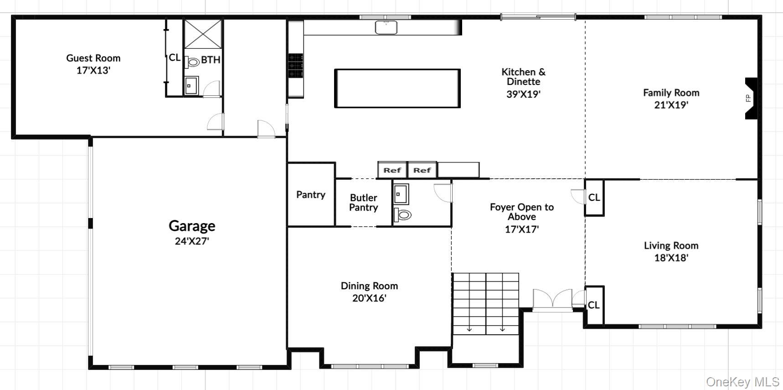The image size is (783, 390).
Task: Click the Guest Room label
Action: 93,58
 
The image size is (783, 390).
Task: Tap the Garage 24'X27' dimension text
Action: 191,241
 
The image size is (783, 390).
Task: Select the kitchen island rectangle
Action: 397,88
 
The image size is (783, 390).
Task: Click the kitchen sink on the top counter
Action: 386,27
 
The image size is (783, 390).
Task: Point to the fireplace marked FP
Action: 750,98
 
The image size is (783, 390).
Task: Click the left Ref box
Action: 392,170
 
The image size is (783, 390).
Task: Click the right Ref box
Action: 422,170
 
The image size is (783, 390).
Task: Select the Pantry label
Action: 310,195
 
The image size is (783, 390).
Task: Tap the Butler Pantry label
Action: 363,203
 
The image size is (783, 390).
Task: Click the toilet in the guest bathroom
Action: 193,62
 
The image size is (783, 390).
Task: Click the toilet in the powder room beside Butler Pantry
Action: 402,214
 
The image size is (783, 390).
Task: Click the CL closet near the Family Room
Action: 594,198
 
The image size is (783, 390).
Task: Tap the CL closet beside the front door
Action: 594,305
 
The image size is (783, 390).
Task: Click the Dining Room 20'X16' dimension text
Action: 369,298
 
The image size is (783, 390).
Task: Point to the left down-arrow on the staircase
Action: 469,328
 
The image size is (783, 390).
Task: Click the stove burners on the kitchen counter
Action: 295,65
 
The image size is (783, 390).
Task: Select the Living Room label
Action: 670,245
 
